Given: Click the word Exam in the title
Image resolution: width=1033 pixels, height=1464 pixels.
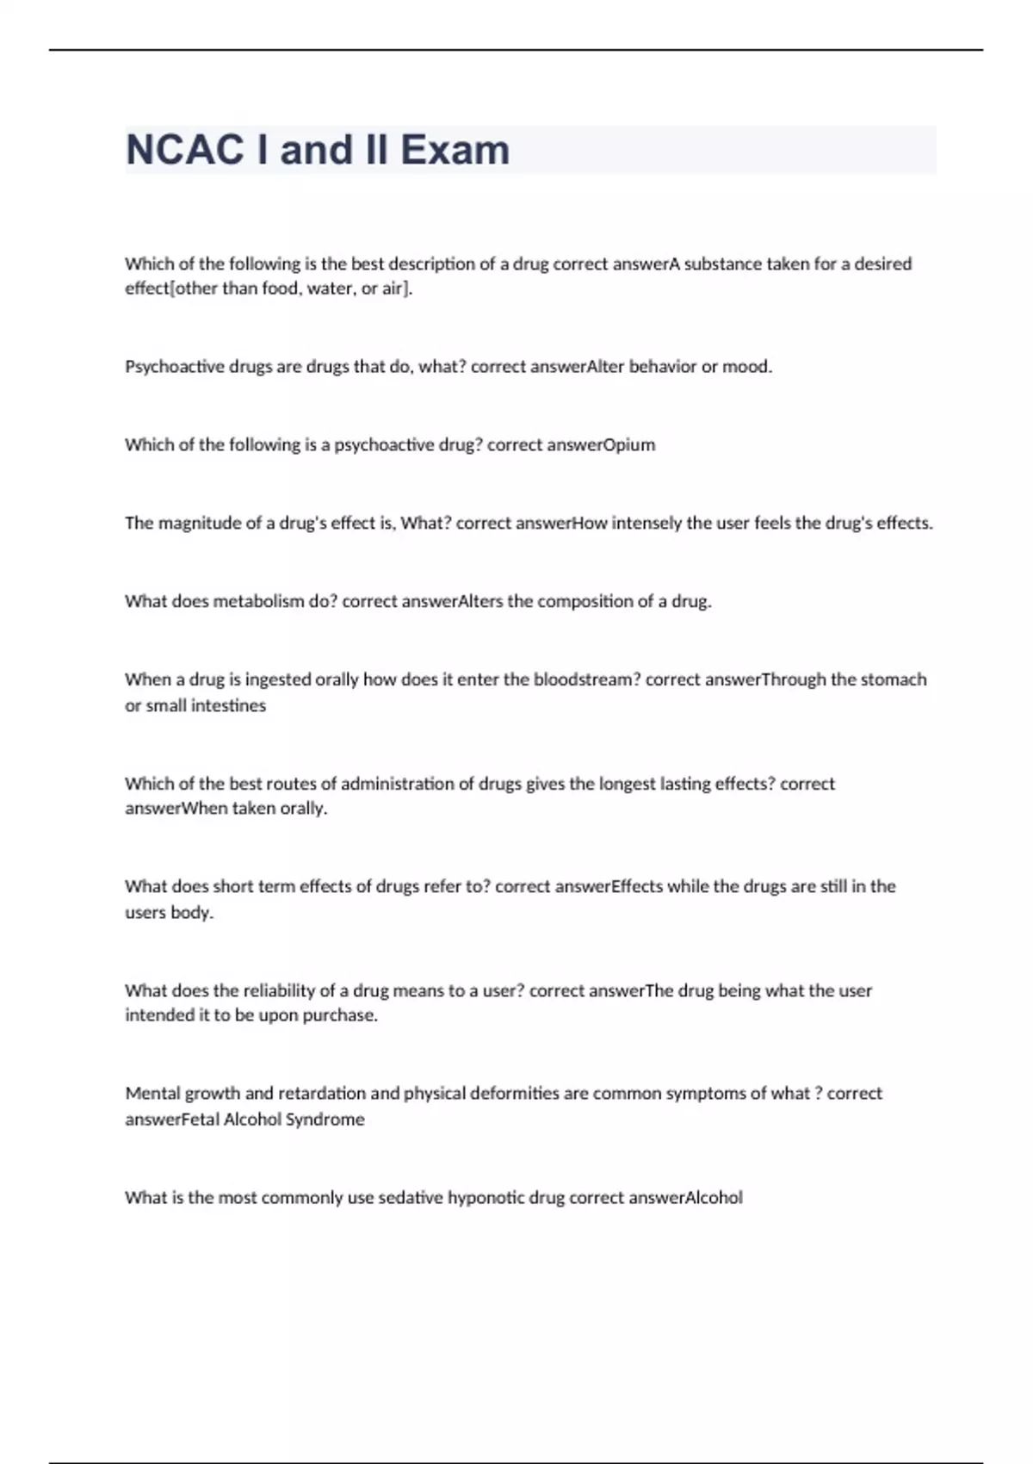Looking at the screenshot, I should point(455,150).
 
